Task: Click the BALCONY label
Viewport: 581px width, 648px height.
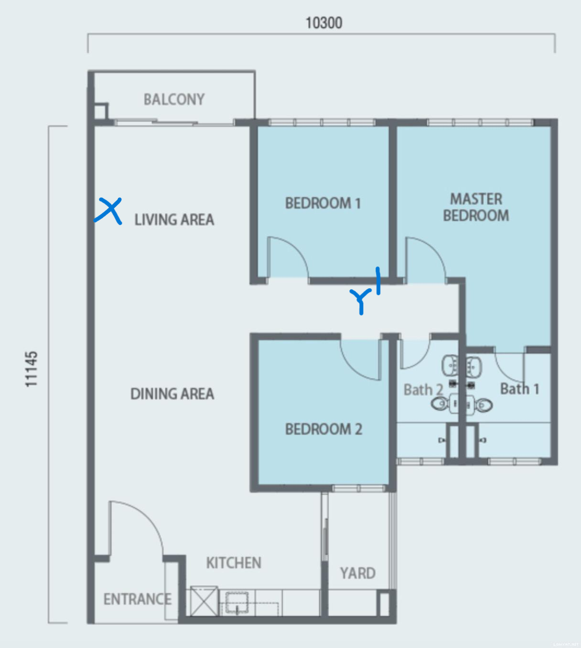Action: (174, 99)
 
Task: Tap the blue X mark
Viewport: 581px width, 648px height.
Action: (108, 211)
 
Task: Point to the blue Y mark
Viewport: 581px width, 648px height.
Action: (361, 301)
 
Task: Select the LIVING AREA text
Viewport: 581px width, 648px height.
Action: (174, 219)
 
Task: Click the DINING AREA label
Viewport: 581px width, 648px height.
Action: (172, 394)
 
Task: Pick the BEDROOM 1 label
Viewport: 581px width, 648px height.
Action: (323, 203)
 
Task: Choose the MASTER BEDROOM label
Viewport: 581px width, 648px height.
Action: (476, 207)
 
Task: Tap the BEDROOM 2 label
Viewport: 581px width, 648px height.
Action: (323, 429)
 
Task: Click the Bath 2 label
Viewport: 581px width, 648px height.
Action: (423, 390)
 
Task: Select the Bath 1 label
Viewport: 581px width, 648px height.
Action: (519, 389)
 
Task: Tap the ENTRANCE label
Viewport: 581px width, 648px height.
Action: (138, 599)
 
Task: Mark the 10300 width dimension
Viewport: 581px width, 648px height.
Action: (324, 23)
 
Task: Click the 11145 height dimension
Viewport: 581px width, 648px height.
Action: (32, 369)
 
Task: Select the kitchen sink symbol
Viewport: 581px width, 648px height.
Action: (237, 603)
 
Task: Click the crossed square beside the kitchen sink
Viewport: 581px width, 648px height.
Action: (204, 601)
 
